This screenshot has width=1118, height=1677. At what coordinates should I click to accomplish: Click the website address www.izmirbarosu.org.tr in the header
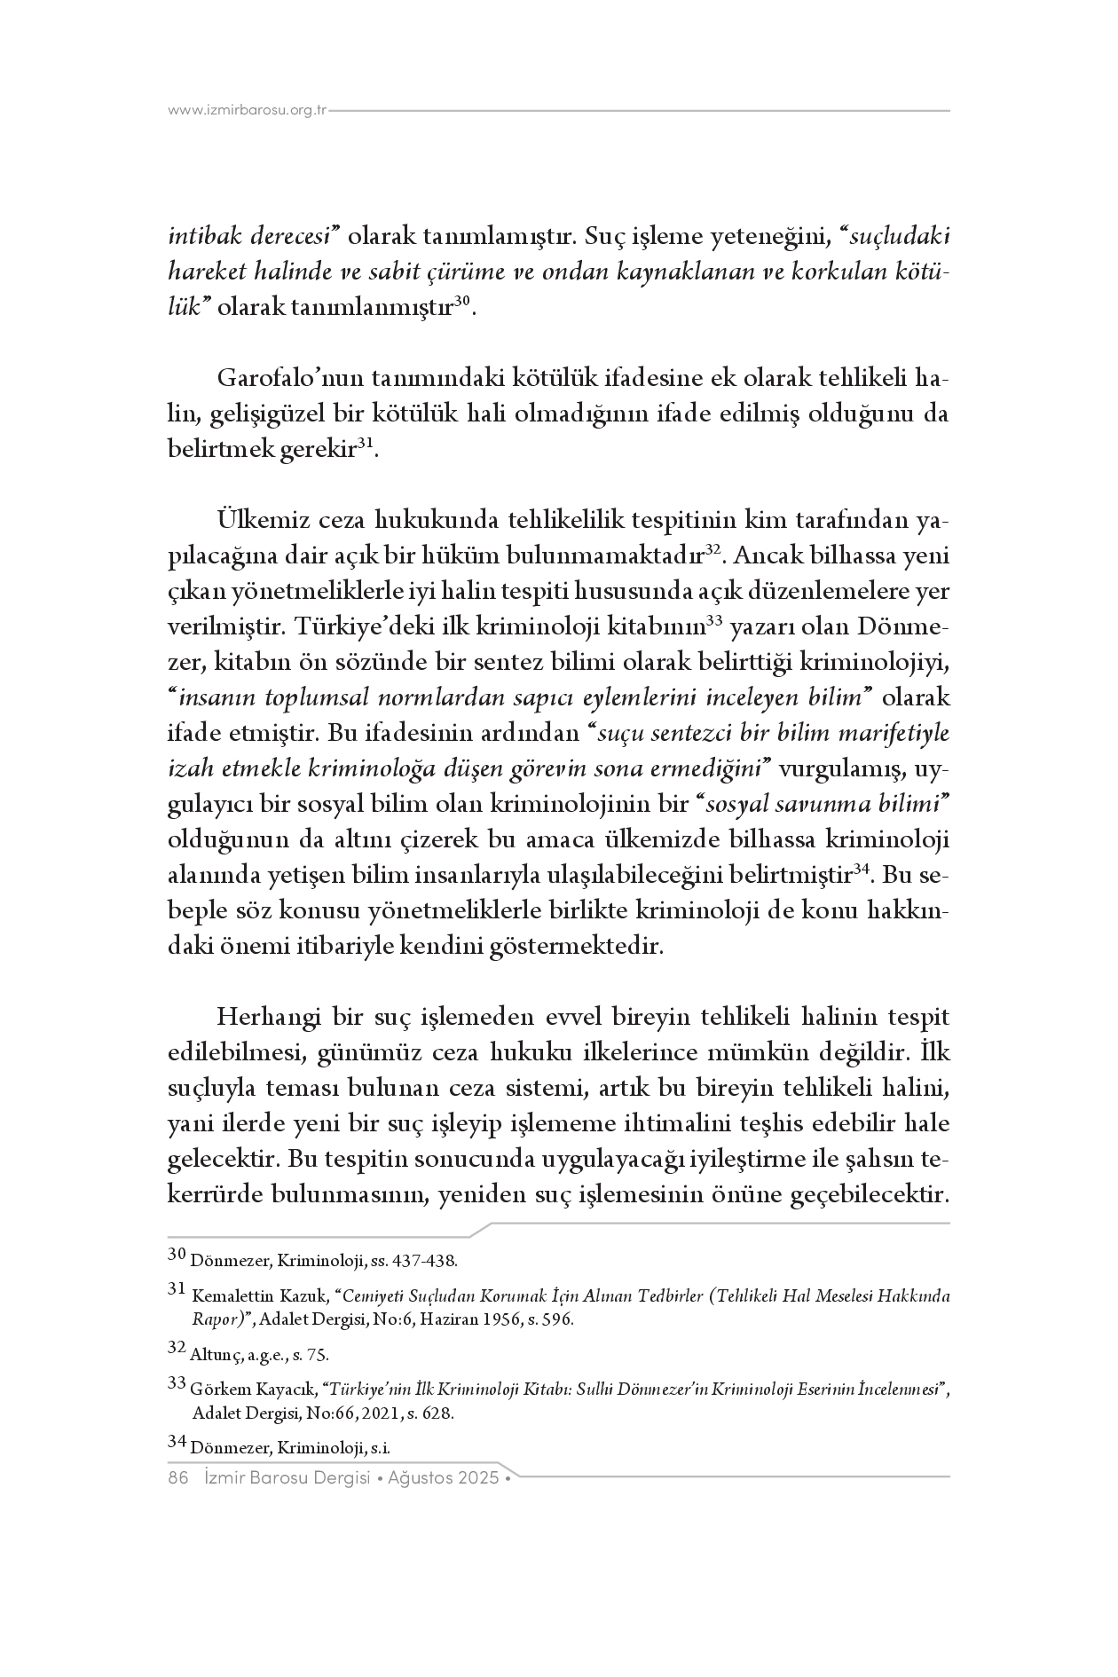coord(248,111)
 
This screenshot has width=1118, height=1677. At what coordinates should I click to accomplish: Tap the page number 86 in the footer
coord(178,1478)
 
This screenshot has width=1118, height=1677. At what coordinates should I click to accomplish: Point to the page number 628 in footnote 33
coord(441,1414)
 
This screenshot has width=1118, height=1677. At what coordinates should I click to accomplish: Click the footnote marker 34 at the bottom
coord(177,1445)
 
